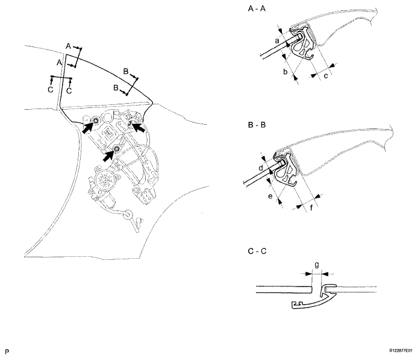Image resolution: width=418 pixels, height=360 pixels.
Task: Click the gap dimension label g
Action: (x=317, y=265)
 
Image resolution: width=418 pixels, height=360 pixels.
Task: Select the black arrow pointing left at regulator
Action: (x=139, y=127)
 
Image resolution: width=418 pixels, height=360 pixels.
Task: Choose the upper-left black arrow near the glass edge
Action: (x=87, y=127)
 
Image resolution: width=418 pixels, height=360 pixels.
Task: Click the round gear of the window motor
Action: (x=101, y=179)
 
